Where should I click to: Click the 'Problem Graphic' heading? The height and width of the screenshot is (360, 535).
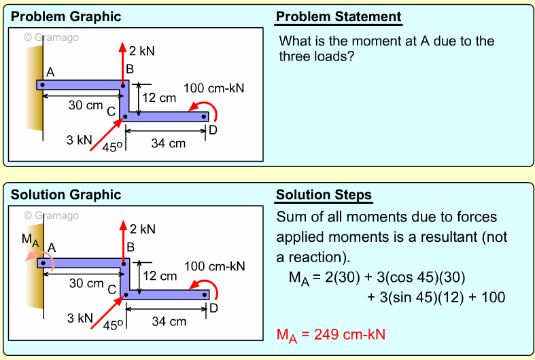point(66,17)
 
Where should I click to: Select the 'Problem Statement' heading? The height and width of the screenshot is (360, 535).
point(339,17)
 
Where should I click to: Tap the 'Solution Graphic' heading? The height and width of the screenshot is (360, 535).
point(66,195)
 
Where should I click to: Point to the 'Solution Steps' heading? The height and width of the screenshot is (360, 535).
point(324,195)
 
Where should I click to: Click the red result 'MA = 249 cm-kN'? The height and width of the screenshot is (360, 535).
point(332,335)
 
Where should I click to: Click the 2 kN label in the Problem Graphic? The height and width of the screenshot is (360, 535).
point(142,51)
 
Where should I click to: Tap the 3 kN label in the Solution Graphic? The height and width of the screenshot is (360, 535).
point(80,318)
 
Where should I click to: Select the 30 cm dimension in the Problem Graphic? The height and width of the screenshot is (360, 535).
point(86,105)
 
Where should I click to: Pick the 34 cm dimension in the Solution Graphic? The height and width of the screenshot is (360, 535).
point(168,321)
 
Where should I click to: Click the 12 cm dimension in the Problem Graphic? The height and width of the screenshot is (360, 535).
point(160,98)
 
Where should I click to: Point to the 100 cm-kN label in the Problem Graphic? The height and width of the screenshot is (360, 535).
point(214,88)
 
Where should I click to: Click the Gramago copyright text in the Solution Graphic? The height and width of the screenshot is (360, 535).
point(52,215)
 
